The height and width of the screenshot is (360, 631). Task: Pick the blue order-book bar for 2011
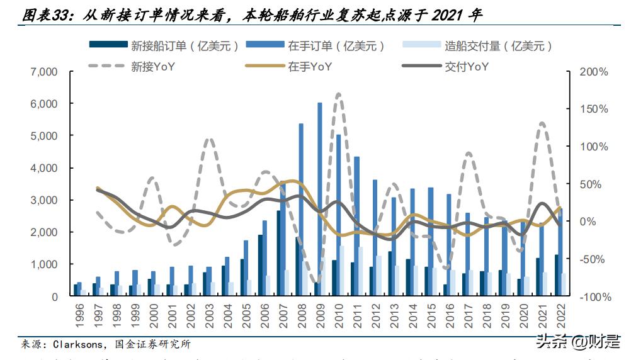(357, 226)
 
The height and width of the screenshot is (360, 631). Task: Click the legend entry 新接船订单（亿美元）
(165, 45)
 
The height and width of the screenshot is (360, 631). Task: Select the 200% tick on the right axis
(594, 72)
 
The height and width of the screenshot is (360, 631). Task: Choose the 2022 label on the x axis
(560, 314)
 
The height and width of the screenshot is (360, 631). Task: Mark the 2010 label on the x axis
(338, 314)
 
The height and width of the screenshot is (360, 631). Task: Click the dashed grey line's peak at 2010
(339, 94)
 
